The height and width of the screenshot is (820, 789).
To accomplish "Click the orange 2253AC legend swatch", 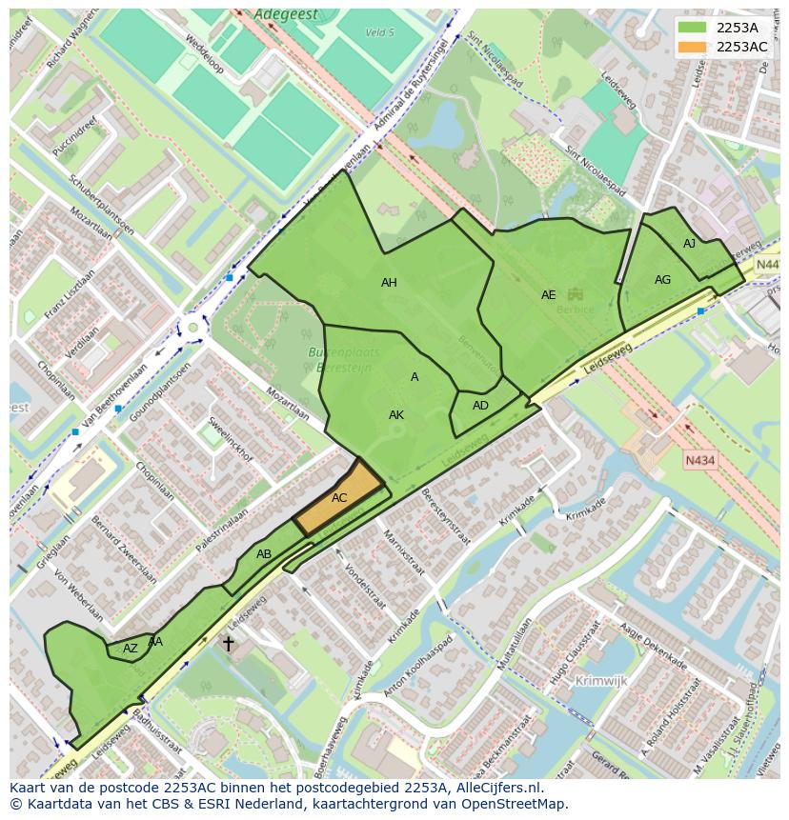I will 694,48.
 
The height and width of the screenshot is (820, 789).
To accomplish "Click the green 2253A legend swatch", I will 694,28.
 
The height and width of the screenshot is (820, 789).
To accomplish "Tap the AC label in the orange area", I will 339,498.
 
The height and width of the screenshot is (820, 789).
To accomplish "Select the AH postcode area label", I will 389,283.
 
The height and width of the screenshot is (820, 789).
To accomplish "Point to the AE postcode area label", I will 548,295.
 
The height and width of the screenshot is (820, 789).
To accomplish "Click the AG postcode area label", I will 662,280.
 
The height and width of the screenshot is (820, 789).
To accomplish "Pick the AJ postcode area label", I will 689,245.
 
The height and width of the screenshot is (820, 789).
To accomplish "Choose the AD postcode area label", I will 480,406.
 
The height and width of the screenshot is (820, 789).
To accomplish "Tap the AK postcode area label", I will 396,415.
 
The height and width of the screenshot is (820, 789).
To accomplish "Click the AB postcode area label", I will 264,554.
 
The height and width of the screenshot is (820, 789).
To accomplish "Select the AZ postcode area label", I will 131,649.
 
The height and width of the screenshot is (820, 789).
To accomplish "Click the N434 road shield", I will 699,461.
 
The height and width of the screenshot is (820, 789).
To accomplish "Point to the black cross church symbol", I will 228,644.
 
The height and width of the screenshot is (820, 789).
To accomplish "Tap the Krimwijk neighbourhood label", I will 602,681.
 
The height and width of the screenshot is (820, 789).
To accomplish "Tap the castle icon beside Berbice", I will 574,294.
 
